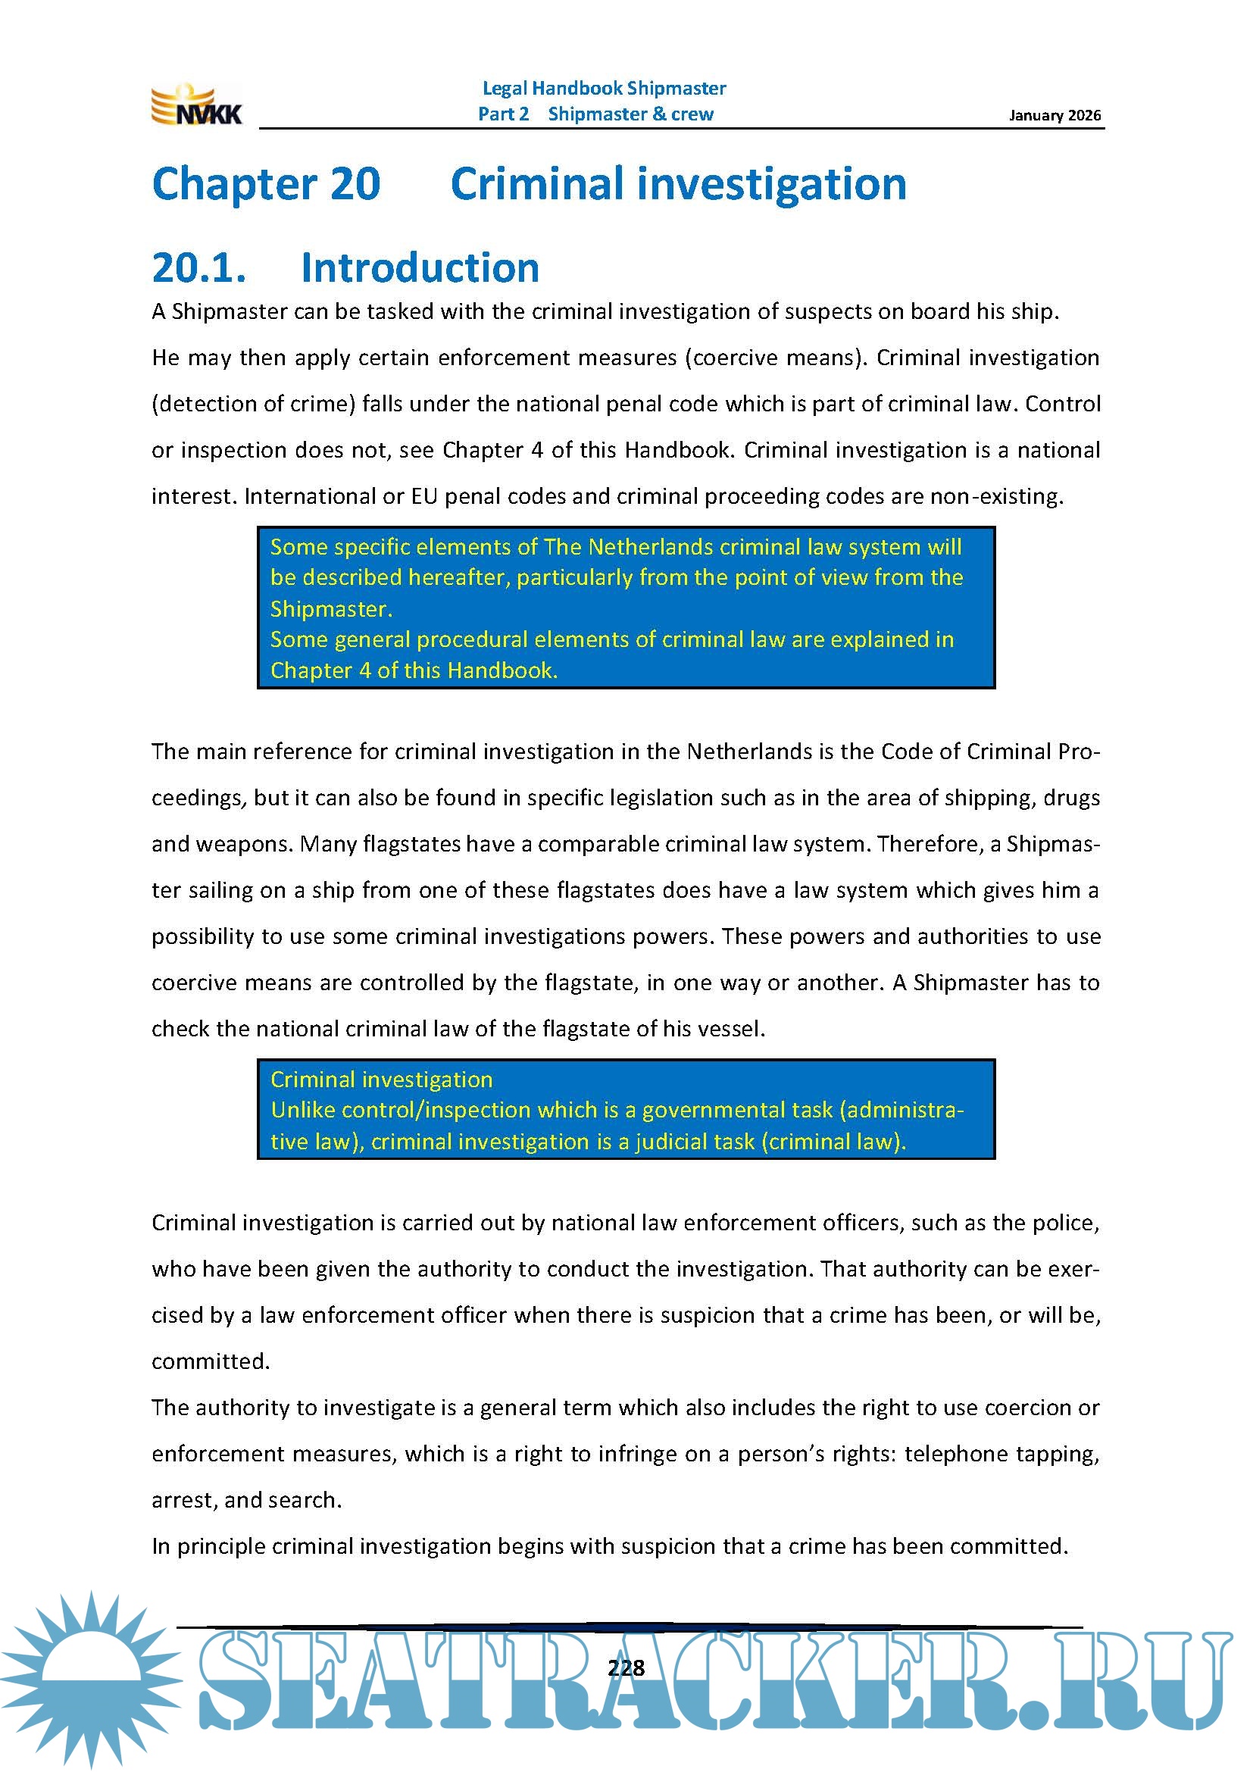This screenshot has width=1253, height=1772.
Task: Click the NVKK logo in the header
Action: [x=197, y=106]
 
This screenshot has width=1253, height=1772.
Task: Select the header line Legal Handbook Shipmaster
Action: [x=603, y=89]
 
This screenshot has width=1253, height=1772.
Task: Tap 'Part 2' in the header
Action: [x=503, y=114]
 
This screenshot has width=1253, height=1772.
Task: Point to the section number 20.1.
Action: [x=199, y=267]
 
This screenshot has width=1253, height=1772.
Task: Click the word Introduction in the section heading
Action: [x=420, y=267]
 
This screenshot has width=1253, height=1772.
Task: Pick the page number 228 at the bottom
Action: [x=626, y=1668]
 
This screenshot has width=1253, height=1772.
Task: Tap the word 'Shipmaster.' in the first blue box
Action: [x=331, y=609]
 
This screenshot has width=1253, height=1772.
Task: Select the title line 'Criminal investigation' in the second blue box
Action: [x=381, y=1079]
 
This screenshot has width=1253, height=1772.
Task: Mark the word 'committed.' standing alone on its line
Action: [x=211, y=1361]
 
